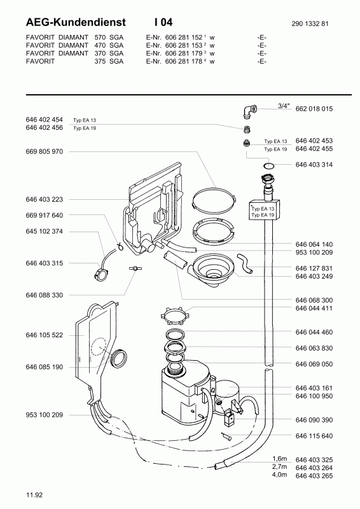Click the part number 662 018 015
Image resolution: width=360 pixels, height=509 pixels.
coord(314,109)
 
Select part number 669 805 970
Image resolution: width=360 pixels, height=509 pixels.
coord(44,151)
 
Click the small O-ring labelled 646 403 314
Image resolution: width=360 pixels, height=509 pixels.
coord(269,166)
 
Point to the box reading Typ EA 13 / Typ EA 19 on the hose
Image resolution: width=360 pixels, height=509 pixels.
coord(264,210)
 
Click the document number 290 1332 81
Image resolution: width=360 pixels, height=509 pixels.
coord(310,24)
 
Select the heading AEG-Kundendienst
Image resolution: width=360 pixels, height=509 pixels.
coord(76,22)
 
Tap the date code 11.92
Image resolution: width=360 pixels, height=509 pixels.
coord(34,495)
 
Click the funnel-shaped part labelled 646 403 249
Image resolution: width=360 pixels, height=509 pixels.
coord(212,270)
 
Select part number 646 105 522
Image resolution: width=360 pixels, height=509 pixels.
coord(44,335)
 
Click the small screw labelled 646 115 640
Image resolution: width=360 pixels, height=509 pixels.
coord(226,436)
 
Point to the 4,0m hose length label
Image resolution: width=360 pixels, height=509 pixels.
coord(279,475)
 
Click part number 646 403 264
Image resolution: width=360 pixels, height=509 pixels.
coord(314,468)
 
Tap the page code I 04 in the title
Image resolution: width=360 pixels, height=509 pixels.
coord(163,22)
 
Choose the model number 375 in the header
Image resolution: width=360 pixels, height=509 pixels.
coord(100,61)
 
